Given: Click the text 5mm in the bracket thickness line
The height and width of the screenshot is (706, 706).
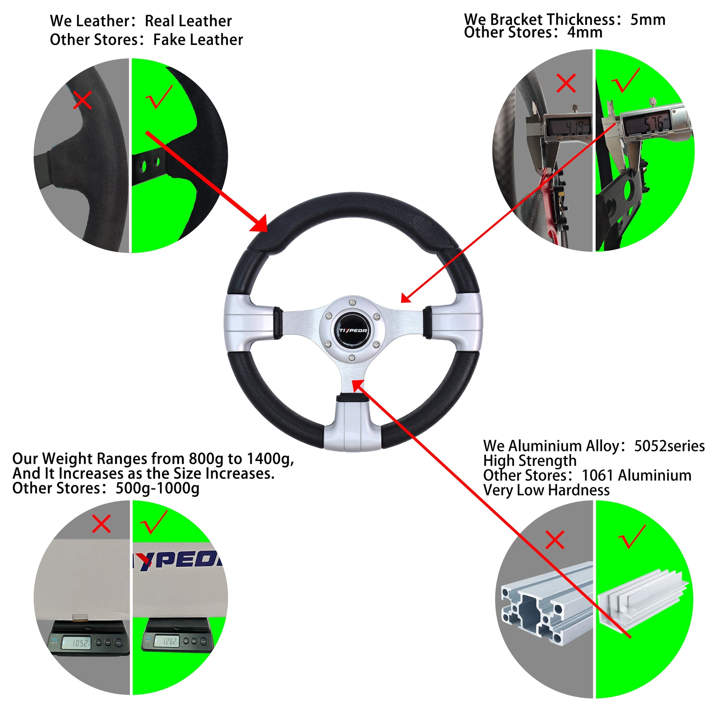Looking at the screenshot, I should pyautogui.click(x=648, y=20).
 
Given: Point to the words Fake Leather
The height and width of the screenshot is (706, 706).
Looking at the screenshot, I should pyautogui.click(x=198, y=40).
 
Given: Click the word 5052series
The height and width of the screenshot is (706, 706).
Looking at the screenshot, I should pyautogui.click(x=669, y=446).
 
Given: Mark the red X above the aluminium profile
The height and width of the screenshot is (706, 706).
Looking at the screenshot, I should pyautogui.click(x=555, y=540).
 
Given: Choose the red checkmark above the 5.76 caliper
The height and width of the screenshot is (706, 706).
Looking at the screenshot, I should pyautogui.click(x=625, y=81).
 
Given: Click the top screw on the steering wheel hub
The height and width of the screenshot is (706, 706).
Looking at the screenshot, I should pyautogui.click(x=352, y=302).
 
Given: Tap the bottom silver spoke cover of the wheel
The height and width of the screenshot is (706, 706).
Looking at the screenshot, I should pyautogui.click(x=353, y=426).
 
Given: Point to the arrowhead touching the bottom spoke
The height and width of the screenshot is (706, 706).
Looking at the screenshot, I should pyautogui.click(x=358, y=384).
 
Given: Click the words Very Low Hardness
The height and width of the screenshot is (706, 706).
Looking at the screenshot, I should pyautogui.click(x=546, y=490).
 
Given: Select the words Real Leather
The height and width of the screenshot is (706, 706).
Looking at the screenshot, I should pyautogui.click(x=188, y=21).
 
